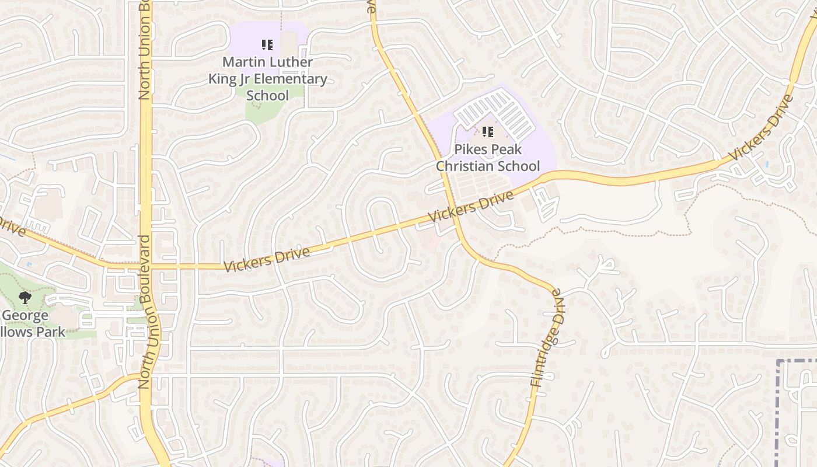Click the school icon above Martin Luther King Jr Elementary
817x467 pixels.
coord(267,45)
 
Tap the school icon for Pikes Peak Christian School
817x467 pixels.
coord(488,132)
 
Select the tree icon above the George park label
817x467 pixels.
coord(25,298)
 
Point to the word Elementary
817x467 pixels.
coord(292,79)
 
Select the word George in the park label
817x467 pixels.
coord(25,316)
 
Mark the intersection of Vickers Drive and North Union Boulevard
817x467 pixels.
coord(145,267)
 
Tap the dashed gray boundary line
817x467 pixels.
coord(778,409)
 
